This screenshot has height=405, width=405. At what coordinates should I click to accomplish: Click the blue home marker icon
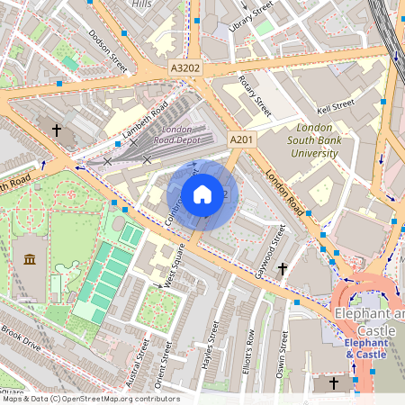coord(202,194)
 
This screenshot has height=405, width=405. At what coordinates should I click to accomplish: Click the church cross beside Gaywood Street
coord(283,268)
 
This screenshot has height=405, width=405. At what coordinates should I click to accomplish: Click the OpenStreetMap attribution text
coord(90,399)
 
